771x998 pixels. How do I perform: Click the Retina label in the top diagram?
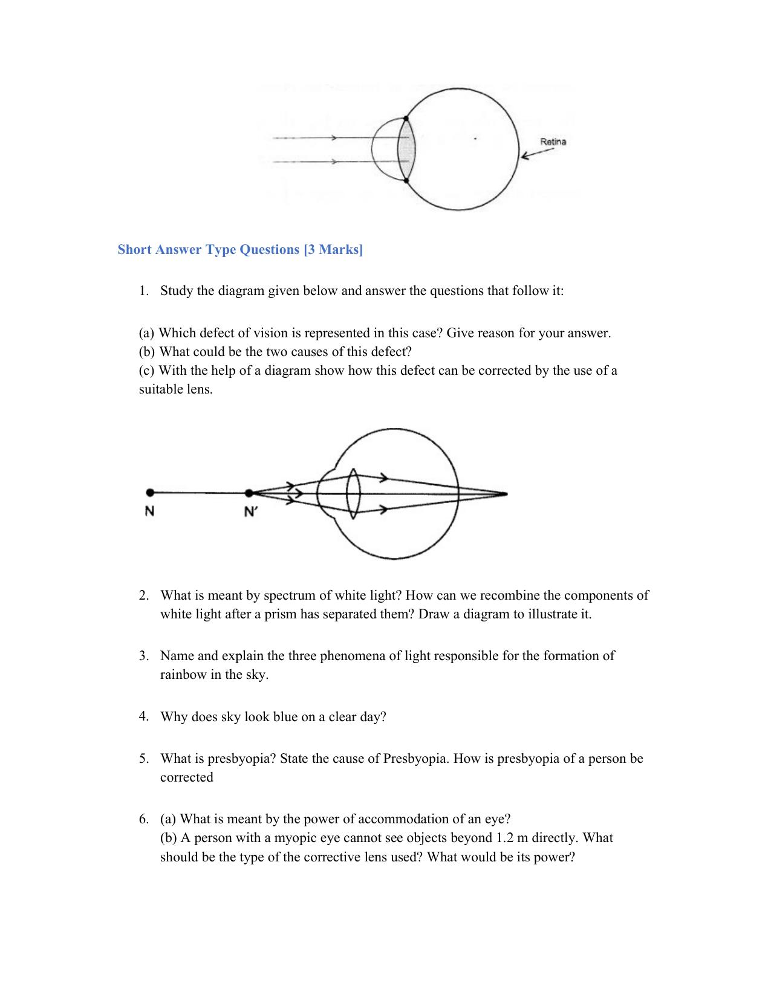(553, 142)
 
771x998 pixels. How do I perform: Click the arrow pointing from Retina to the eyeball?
(534, 154)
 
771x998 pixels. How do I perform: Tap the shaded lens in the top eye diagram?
(407, 149)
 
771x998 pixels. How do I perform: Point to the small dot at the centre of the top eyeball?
(475, 138)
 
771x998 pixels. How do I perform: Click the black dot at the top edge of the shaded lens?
(406, 118)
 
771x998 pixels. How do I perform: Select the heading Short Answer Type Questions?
(240, 250)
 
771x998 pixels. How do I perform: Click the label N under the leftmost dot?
(149, 511)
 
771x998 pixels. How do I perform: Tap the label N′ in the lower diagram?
(250, 511)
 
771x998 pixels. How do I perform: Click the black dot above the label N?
(149, 493)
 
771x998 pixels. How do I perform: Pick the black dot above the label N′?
(249, 493)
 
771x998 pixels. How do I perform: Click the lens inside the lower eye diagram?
(354, 493)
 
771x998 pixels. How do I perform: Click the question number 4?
(143, 716)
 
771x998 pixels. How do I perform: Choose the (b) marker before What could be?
(147, 351)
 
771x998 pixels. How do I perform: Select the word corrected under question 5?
(186, 777)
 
